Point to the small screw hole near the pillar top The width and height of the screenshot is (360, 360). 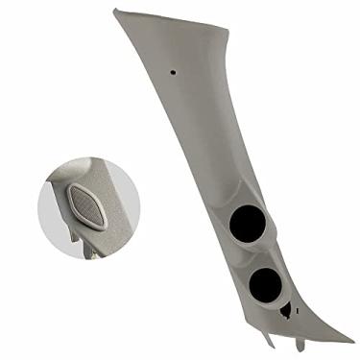(173, 72)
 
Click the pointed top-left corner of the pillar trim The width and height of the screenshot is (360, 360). (114, 11)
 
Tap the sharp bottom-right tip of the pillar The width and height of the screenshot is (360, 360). (351, 343)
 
